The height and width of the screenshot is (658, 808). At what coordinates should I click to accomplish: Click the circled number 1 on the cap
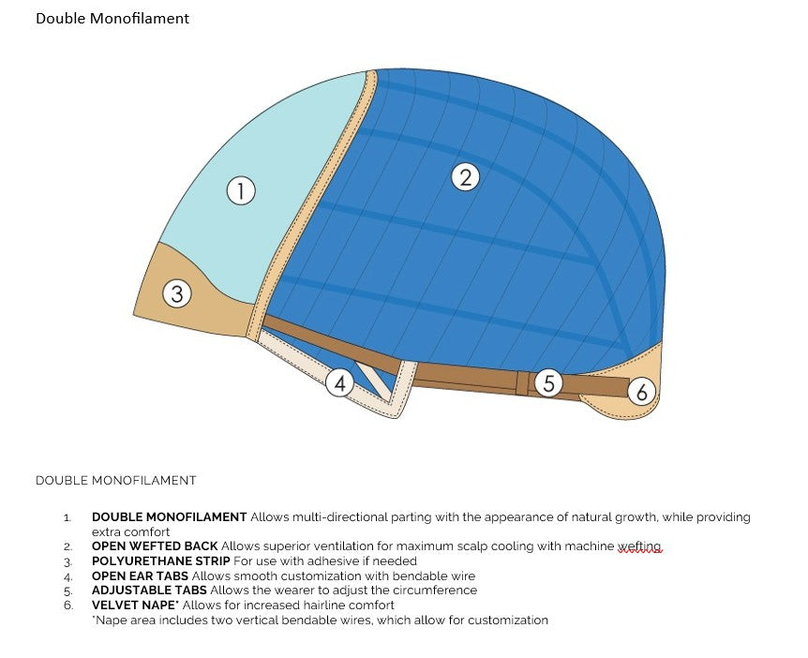pyautogui.click(x=241, y=191)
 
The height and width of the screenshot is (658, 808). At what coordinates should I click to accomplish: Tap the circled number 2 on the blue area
pyautogui.click(x=465, y=176)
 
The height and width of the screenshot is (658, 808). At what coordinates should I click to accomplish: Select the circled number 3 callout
pyautogui.click(x=177, y=294)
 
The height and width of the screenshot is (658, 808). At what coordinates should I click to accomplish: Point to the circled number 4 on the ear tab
pyautogui.click(x=341, y=383)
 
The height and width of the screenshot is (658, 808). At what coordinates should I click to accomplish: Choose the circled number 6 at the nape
pyautogui.click(x=641, y=391)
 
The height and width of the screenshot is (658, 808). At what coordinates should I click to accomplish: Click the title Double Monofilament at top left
pyautogui.click(x=112, y=19)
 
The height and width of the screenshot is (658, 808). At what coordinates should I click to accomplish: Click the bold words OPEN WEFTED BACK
pyautogui.click(x=155, y=546)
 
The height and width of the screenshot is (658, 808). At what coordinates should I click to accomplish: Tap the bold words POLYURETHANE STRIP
pyautogui.click(x=160, y=561)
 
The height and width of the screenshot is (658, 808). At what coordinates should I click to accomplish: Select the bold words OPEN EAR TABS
pyautogui.click(x=140, y=576)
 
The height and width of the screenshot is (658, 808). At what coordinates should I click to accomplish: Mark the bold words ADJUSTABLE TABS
pyautogui.click(x=149, y=591)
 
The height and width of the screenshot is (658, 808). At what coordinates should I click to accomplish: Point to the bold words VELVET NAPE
pyautogui.click(x=137, y=606)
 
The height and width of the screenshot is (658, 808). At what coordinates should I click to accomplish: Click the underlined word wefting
pyautogui.click(x=640, y=546)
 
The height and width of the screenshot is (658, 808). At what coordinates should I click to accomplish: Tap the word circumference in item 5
pyautogui.click(x=436, y=591)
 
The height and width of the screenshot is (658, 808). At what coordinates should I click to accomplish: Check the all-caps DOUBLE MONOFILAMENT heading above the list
pyautogui.click(x=116, y=481)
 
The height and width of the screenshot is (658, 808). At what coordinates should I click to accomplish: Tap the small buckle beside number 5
pyautogui.click(x=523, y=382)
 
